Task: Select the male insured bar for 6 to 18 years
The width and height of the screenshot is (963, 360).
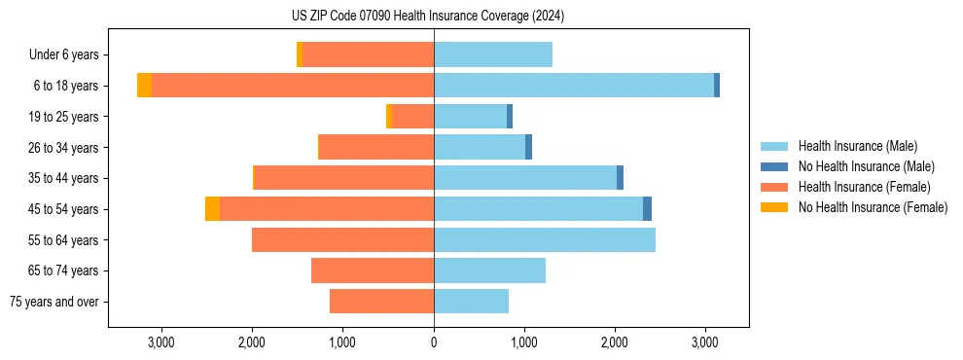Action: [x=574, y=86]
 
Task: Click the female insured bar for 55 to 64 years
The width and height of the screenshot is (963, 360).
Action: [x=342, y=239]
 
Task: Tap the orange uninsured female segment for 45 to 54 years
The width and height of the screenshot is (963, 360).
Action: [x=212, y=209]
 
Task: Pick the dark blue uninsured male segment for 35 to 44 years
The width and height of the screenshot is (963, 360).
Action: [x=620, y=178]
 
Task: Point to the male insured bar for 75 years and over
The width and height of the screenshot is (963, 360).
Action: [x=471, y=302]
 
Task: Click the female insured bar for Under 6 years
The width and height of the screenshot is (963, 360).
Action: [x=368, y=55]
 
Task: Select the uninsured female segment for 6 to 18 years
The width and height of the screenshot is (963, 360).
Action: [x=144, y=86]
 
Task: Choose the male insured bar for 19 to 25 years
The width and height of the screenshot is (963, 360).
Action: [x=470, y=117]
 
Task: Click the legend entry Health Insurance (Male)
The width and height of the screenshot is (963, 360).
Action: [x=857, y=146]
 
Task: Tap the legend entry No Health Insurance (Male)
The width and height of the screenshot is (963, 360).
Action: [x=866, y=166]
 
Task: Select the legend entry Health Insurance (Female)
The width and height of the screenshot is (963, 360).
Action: [x=864, y=187]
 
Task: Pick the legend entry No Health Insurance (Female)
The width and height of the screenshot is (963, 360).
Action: [x=873, y=207]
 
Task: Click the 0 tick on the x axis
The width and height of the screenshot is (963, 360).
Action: [x=434, y=342]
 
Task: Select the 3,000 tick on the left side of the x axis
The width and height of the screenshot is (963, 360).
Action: [x=160, y=342]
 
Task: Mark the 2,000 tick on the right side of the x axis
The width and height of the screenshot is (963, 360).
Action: [x=615, y=342]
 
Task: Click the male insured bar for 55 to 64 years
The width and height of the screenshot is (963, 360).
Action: [x=545, y=239]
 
